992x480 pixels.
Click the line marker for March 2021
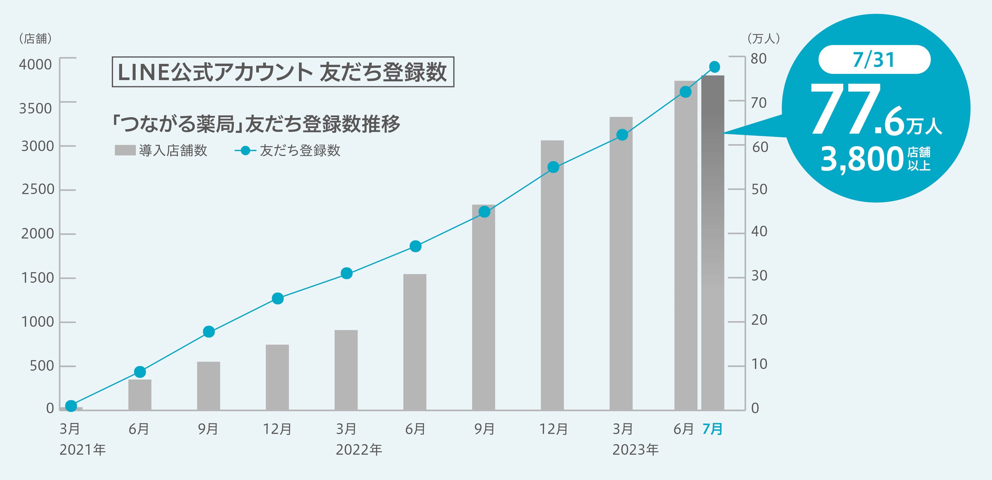tap(71, 406)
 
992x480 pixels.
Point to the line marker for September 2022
tap(484, 212)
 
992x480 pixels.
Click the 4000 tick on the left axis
tap(35, 64)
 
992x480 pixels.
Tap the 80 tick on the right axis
tap(758, 59)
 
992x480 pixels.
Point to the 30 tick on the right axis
tap(759, 276)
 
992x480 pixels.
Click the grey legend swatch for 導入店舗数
tap(125, 150)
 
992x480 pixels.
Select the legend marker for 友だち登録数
tap(245, 150)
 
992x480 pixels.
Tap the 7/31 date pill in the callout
tap(874, 60)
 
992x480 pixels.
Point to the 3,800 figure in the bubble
tap(862, 159)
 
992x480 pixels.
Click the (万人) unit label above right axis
tap(763, 38)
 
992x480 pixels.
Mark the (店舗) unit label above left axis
tap(35, 38)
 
